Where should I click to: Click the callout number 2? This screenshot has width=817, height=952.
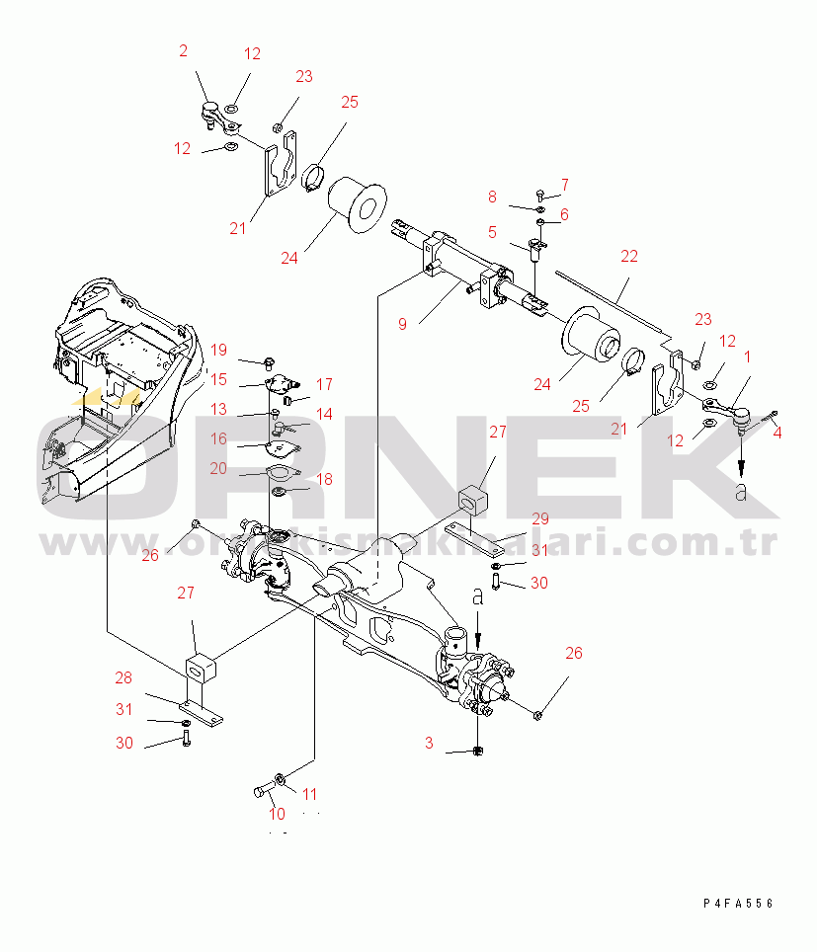coord(183,50)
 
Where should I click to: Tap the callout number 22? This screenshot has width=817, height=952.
coord(629,257)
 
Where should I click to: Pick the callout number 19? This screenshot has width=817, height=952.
coord(218,350)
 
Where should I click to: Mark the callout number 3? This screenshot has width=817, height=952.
coord(429,743)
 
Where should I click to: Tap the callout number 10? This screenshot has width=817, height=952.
coord(276,815)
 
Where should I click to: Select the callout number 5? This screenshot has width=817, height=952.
coord(491,233)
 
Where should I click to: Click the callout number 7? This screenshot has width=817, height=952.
coord(564,184)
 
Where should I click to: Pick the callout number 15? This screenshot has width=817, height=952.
coord(218,379)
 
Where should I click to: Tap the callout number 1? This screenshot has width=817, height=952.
coord(747,356)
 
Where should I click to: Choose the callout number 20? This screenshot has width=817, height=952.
coord(218,468)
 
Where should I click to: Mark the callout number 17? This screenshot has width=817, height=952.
coord(324,384)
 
